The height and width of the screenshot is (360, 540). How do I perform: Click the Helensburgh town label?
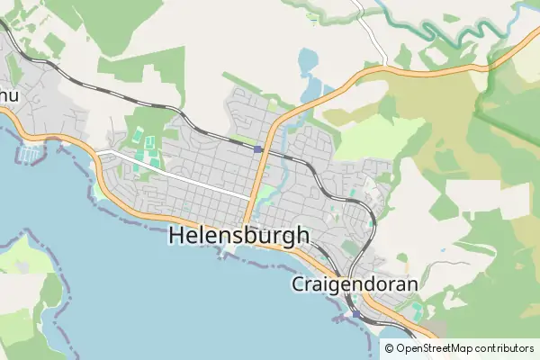point(238,236)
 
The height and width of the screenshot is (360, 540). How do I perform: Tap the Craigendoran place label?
point(355,284)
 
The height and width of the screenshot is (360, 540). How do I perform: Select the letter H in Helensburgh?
point(177,236)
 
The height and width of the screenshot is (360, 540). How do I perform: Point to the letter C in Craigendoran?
point(300,284)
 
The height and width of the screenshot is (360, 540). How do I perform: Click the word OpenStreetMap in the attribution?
point(434,348)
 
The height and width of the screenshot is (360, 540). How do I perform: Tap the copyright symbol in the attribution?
point(389,348)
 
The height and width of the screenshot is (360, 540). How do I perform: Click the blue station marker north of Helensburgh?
point(258,149)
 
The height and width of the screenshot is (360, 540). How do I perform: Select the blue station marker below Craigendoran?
point(357,315)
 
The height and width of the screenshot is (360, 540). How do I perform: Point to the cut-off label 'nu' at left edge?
point(8,94)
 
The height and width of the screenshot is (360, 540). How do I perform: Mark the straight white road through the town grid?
point(180,175)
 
